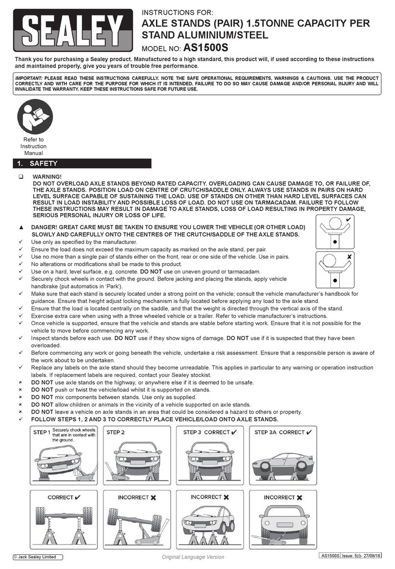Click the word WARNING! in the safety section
click(47, 176)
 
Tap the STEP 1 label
click(41, 433)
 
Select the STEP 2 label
click(116, 433)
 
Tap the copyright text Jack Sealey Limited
click(35, 557)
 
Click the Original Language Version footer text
click(193, 557)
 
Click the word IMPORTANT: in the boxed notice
click(28, 78)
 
